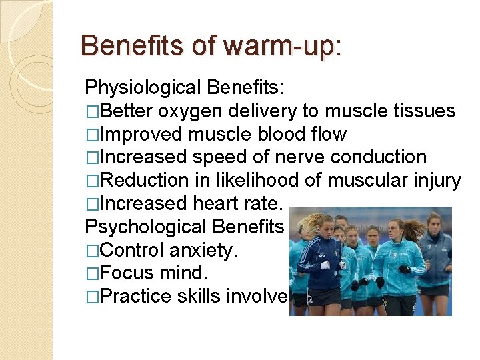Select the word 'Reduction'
147,181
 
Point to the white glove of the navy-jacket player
326,265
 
